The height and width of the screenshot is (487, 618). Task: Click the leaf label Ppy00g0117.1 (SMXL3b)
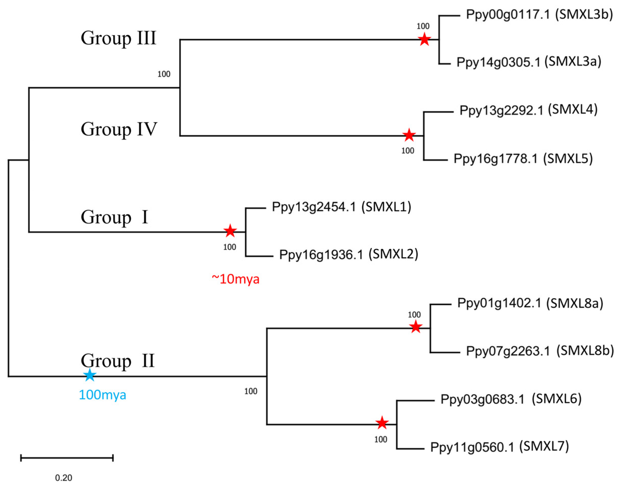tap(539, 14)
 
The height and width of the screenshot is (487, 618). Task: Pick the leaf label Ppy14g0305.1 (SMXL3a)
tap(529, 62)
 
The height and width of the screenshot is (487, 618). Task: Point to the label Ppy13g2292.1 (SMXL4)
tap(528, 110)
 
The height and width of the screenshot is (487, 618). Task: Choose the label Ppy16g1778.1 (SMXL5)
tap(523, 159)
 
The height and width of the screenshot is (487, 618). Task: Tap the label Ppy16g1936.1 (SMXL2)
tap(349, 254)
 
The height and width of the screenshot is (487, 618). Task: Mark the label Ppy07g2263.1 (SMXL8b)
tap(539, 351)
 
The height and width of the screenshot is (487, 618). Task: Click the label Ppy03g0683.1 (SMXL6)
tap(511, 399)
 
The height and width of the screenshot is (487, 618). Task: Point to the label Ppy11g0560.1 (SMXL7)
tap(499, 447)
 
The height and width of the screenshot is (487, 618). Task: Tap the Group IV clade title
tap(119, 129)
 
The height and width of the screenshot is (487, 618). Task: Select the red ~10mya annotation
tap(236, 279)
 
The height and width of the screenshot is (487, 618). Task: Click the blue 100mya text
tap(102, 395)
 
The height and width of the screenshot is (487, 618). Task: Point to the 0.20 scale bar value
tap(63, 478)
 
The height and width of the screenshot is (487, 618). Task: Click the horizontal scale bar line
tap(67, 458)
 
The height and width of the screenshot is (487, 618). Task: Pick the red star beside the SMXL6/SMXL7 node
tap(382, 423)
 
